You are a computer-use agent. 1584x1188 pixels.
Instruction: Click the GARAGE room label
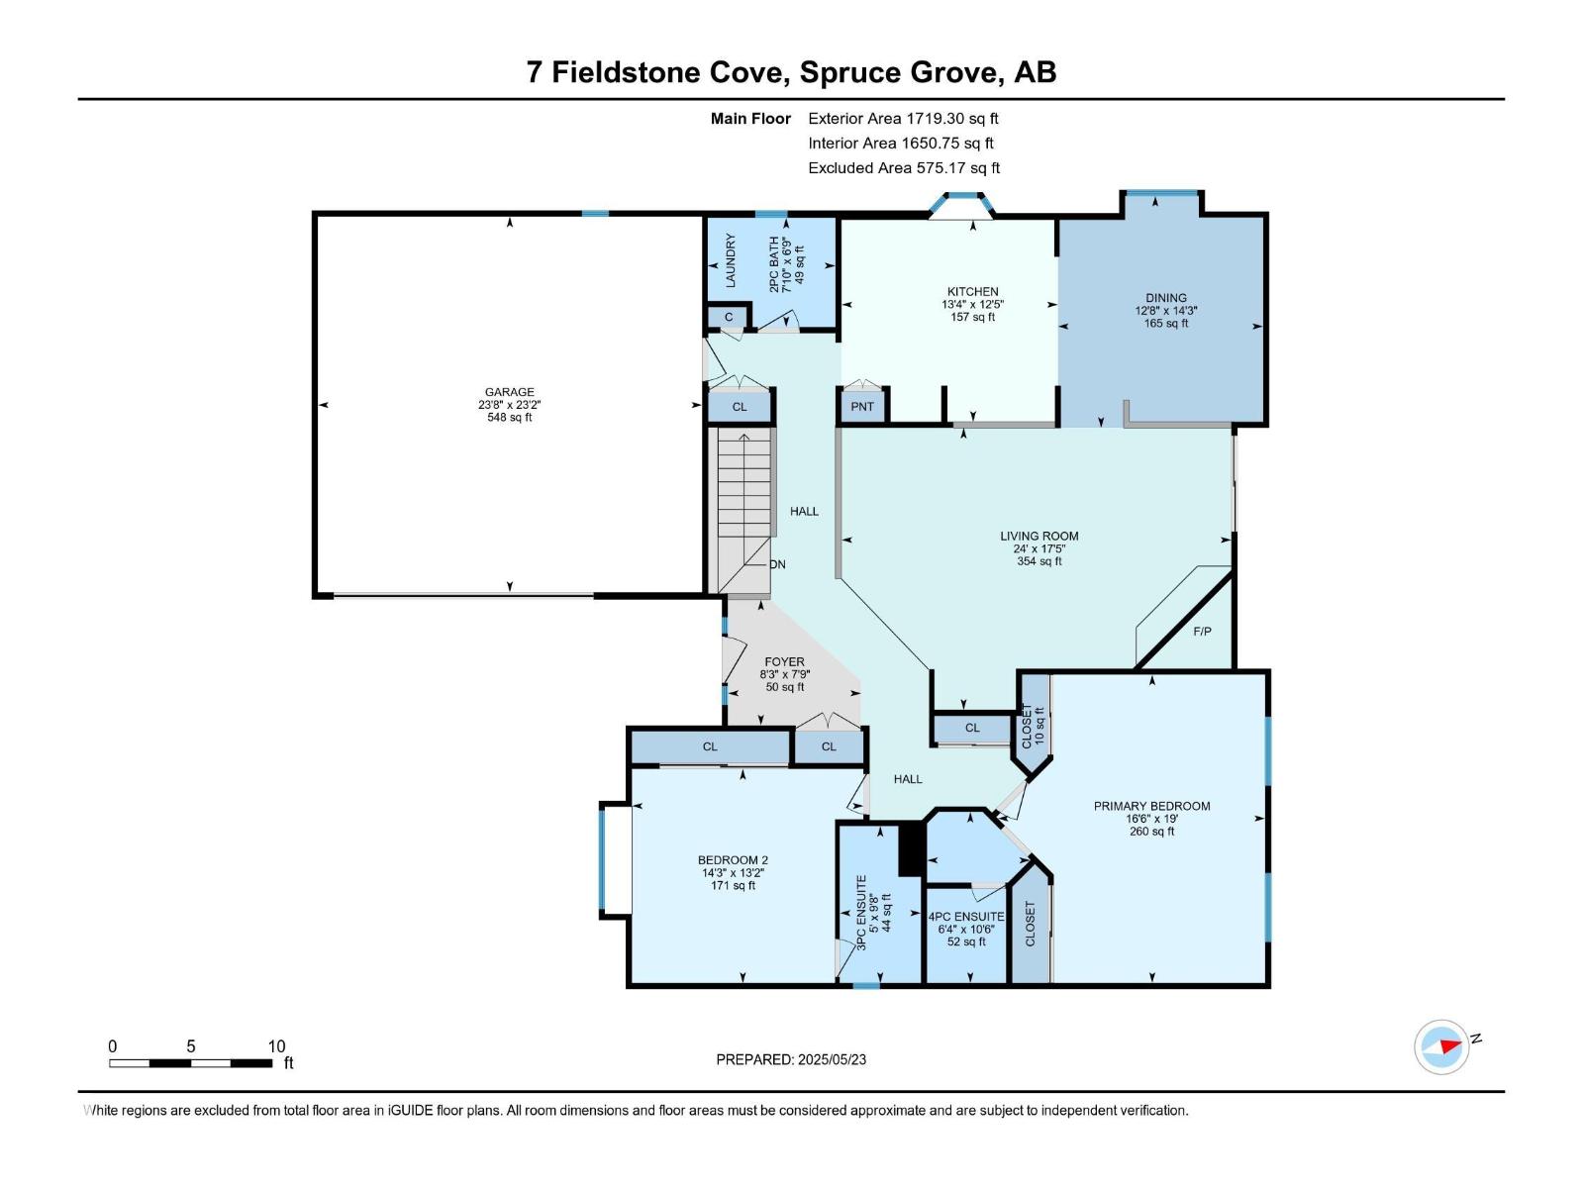pyautogui.click(x=509, y=392)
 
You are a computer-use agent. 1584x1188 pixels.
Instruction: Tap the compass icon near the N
pyautogui.click(x=1441, y=1046)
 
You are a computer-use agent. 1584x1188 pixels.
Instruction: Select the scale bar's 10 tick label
pyautogui.click(x=276, y=1045)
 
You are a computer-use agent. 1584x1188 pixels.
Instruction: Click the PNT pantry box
pyautogui.click(x=862, y=407)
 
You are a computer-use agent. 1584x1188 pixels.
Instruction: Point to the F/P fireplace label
pyautogui.click(x=1202, y=632)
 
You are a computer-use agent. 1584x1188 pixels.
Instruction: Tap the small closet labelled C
pyautogui.click(x=729, y=317)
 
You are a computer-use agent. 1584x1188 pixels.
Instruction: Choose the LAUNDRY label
pyautogui.click(x=731, y=260)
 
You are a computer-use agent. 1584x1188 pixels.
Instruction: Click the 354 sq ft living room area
pyautogui.click(x=1039, y=561)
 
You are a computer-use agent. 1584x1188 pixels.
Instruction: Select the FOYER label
pyautogui.click(x=784, y=661)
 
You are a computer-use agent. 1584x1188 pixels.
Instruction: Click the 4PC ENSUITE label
pyautogui.click(x=966, y=917)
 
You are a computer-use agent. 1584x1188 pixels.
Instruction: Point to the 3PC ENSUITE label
pyautogui.click(x=861, y=912)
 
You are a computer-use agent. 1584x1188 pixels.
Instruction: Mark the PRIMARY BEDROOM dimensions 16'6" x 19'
pyautogui.click(x=1151, y=819)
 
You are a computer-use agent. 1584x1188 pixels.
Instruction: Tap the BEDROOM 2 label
pyautogui.click(x=733, y=860)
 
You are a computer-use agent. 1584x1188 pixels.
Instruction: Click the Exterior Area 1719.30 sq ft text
pyautogui.click(x=903, y=118)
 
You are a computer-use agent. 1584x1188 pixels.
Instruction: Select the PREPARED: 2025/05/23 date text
pyautogui.click(x=791, y=1059)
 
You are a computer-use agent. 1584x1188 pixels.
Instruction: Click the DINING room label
pyautogui.click(x=1165, y=297)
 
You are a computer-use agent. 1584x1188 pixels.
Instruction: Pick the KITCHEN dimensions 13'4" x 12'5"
pyautogui.click(x=972, y=304)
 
